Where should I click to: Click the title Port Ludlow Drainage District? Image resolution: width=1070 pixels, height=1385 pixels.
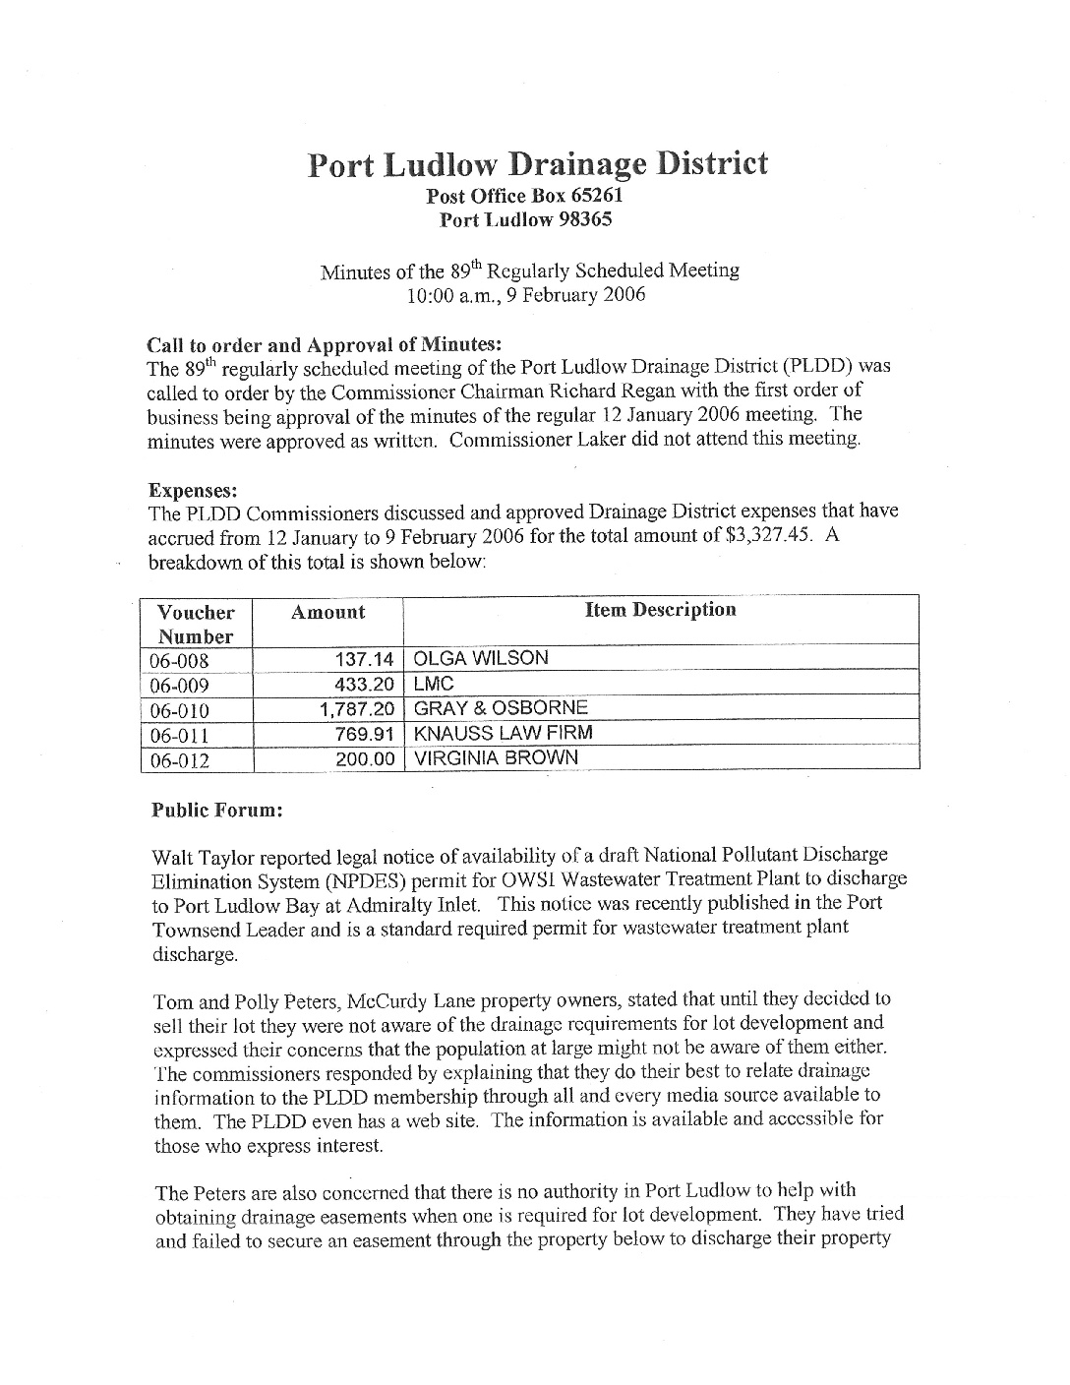tap(537, 163)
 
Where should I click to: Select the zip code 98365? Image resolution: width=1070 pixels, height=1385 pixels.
tap(585, 219)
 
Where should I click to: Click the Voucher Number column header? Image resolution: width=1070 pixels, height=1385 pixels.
tap(196, 624)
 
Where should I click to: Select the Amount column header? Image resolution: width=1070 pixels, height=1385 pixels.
tap(327, 612)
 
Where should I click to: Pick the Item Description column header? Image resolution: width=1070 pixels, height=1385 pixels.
tap(660, 610)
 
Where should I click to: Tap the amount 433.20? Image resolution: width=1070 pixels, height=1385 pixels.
tap(365, 685)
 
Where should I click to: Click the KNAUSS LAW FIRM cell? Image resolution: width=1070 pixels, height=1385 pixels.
tap(504, 734)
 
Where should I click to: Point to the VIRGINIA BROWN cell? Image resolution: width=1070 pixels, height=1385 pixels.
tap(496, 758)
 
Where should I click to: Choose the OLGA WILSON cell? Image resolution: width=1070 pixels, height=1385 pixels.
tap(481, 659)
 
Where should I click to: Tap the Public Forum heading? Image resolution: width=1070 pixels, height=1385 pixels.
tap(217, 811)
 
